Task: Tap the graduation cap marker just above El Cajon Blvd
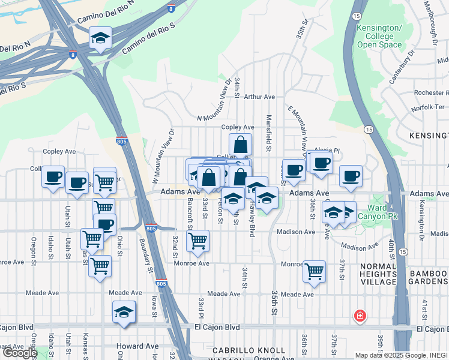[x=124, y=312]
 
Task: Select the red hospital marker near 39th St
[x=360, y=316]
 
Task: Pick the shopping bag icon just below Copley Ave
[x=240, y=145]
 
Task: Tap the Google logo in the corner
[x=19, y=353]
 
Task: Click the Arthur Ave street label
[x=259, y=97]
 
